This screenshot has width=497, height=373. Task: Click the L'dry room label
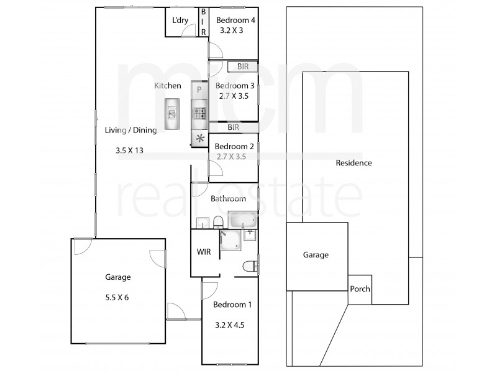pyautogui.click(x=180, y=21)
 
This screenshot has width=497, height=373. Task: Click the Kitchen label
pyautogui.click(x=168, y=86)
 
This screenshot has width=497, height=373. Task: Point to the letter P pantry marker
pyautogui.click(x=199, y=90)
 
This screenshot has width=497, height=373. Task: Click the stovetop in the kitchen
pyautogui.click(x=199, y=113)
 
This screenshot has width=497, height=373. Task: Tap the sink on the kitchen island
pyautogui.click(x=172, y=113)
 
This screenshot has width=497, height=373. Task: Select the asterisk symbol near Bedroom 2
pyautogui.click(x=200, y=139)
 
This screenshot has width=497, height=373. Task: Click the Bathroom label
pyautogui.click(x=228, y=199)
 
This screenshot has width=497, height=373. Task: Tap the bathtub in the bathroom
pyautogui.click(x=242, y=221)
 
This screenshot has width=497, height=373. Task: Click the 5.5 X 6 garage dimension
pyautogui.click(x=117, y=297)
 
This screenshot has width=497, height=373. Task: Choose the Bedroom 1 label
pyautogui.click(x=232, y=305)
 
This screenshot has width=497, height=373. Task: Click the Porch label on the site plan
pyautogui.click(x=360, y=289)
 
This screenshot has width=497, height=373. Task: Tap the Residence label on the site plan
pyautogui.click(x=353, y=163)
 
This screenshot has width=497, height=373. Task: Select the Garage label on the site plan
pyautogui.click(x=316, y=255)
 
